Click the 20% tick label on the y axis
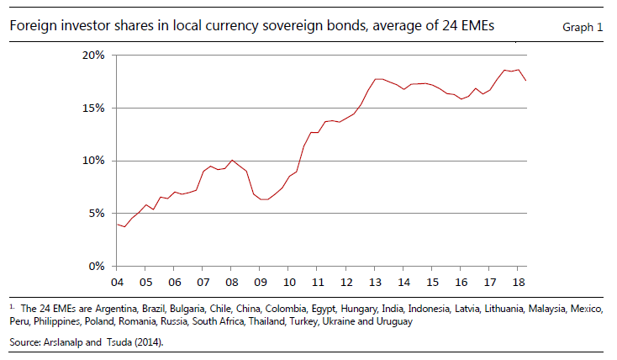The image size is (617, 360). click(x=92, y=56)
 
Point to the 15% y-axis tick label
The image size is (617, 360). click(x=92, y=109)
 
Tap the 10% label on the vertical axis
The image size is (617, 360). click(x=92, y=161)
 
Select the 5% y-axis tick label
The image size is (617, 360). click(x=95, y=214)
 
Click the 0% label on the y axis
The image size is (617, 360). click(x=95, y=267)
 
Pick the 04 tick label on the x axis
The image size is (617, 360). click(x=117, y=282)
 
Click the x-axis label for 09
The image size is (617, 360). click(x=260, y=282)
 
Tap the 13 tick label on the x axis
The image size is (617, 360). click(x=375, y=282)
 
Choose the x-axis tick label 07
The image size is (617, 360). click(x=203, y=282)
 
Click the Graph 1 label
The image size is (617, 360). click(x=583, y=28)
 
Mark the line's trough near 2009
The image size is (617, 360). click(x=264, y=199)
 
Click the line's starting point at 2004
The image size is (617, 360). click(x=117, y=224)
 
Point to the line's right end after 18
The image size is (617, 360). click(x=526, y=80)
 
